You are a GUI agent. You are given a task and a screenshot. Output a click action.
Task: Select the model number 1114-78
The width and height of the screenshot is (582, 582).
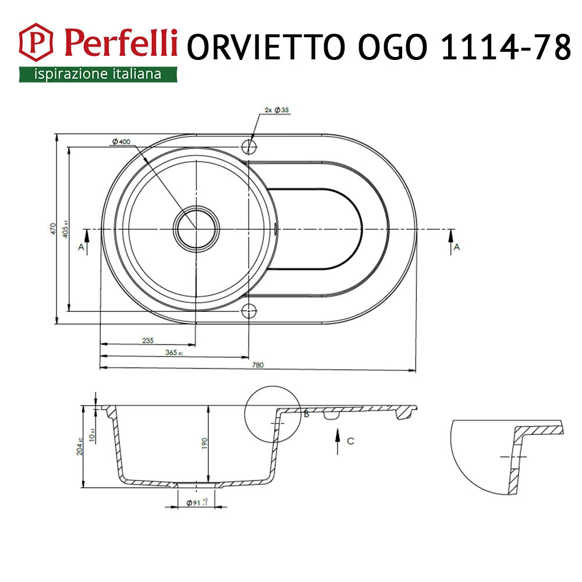(x=506, y=48)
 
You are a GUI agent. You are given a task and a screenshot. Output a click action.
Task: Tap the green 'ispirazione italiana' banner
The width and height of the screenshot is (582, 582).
(x=97, y=74)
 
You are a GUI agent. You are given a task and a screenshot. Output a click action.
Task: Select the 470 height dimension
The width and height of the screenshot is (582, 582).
(x=52, y=229)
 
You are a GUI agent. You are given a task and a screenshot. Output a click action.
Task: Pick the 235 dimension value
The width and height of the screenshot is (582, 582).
(x=147, y=341)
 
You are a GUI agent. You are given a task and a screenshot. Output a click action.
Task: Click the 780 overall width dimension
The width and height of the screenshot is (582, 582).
(x=258, y=365)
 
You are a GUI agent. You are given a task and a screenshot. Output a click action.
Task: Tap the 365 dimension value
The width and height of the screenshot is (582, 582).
(x=172, y=353)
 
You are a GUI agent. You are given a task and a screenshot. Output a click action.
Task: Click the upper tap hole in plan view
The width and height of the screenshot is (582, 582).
(x=249, y=145)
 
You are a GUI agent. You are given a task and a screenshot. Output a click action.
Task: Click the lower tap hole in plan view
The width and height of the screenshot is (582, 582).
(x=249, y=310)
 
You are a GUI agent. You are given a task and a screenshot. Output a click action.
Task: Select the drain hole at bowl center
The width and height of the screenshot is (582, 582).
(x=197, y=229)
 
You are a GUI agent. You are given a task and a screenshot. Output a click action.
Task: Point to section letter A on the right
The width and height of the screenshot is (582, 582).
(x=457, y=247)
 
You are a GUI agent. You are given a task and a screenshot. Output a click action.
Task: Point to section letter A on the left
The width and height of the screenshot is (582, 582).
(x=80, y=247)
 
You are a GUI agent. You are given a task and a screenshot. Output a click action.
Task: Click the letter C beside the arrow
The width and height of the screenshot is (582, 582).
(x=350, y=441)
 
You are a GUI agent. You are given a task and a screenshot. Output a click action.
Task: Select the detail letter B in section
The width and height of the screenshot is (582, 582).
(x=306, y=414)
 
